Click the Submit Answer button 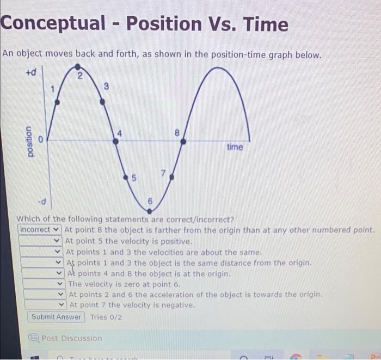(x=56, y=317)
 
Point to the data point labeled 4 (x=115, y=141)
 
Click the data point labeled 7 (x=171, y=176)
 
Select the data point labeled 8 (x=183, y=141)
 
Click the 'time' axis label (x=235, y=147)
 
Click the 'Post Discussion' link (x=71, y=338)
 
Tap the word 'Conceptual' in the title (x=53, y=25)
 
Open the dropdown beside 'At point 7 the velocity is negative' (x=45, y=305)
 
